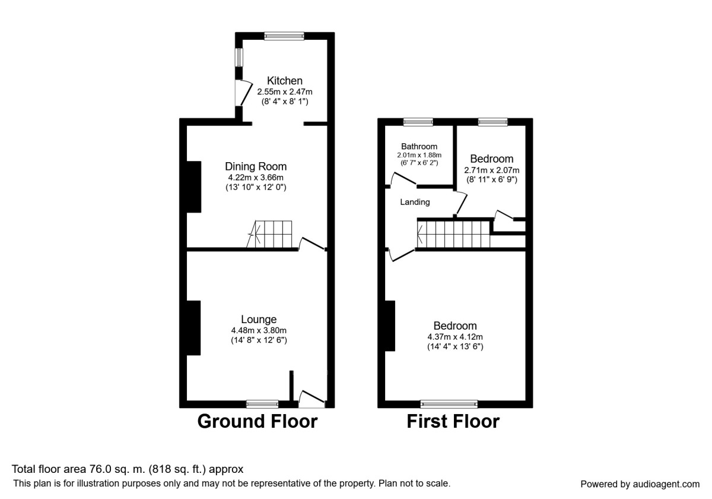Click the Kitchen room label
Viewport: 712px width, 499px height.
(x=285, y=81)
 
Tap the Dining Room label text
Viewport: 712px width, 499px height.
(x=256, y=166)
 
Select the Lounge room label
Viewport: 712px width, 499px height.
(x=259, y=320)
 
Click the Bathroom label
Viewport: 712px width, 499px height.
(x=419, y=146)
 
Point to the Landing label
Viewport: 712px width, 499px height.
(x=415, y=202)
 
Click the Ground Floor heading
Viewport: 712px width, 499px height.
(x=257, y=421)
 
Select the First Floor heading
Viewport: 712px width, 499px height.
(x=453, y=421)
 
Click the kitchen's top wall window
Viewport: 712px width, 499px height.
(x=284, y=36)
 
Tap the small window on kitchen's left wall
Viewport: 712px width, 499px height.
(x=239, y=58)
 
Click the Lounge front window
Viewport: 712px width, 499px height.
(x=262, y=404)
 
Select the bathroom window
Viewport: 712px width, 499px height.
(x=418, y=122)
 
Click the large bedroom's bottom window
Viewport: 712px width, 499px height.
(x=449, y=404)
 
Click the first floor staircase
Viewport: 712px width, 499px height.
(x=454, y=233)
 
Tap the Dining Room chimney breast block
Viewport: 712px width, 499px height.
(x=194, y=187)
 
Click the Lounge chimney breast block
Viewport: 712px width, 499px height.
(x=194, y=328)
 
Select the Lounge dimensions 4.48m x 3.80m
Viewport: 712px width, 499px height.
(x=259, y=331)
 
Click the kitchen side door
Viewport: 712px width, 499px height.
(x=242, y=93)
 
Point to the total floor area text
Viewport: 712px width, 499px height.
(x=128, y=469)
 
